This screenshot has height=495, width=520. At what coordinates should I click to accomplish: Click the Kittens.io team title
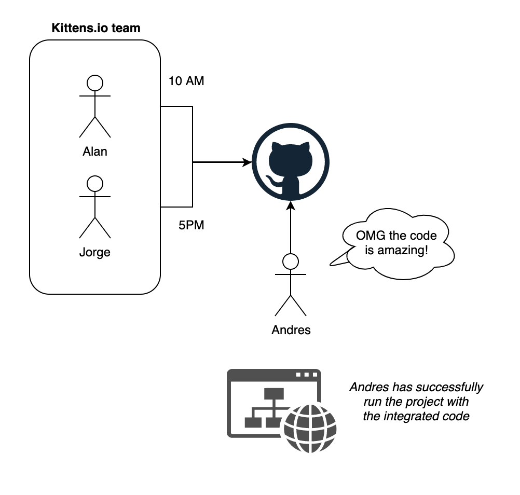pyautogui.click(x=96, y=28)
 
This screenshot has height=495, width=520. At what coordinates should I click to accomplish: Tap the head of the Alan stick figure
pyautogui.click(x=95, y=82)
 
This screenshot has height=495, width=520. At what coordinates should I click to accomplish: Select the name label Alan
pyautogui.click(x=95, y=152)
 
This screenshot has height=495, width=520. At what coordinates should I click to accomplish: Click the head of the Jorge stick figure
pyautogui.click(x=95, y=183)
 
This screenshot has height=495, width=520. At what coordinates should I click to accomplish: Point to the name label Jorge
pyautogui.click(x=95, y=253)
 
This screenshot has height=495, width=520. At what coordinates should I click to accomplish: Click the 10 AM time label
pyautogui.click(x=186, y=81)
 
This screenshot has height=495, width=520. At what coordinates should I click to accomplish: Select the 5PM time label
pyautogui.click(x=191, y=226)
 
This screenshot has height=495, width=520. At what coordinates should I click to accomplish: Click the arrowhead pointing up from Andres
pyautogui.click(x=291, y=205)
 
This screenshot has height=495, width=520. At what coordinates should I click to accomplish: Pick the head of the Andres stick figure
pyautogui.click(x=291, y=261)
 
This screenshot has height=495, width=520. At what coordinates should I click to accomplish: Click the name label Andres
pyautogui.click(x=291, y=330)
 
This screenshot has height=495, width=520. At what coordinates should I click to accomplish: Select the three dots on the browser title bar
pyautogui.click(x=306, y=375)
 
